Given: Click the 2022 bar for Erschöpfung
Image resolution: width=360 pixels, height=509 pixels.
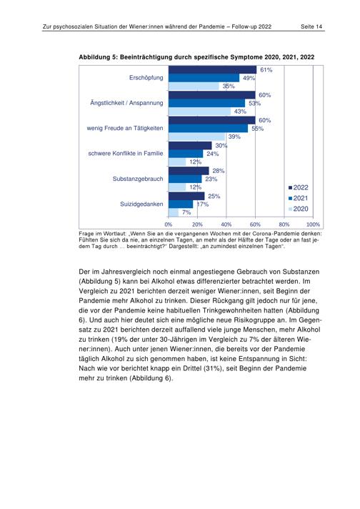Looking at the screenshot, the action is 212,70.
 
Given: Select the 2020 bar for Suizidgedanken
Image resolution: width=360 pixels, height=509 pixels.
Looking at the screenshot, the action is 174,212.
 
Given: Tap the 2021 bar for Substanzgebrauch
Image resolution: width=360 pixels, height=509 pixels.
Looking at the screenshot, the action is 185,179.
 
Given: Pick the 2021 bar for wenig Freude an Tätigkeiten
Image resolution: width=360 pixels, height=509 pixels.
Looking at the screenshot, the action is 209,129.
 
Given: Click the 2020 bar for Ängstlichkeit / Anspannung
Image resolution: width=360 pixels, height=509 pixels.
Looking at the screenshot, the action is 200,112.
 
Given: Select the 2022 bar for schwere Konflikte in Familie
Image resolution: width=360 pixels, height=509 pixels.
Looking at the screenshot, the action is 190,145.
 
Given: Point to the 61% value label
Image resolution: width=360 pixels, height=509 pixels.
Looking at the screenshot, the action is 266,70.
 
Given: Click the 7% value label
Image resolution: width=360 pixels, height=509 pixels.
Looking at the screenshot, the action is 186,212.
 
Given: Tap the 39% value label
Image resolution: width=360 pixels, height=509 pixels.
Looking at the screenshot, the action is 234,137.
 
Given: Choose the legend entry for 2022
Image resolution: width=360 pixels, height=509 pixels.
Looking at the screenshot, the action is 299,187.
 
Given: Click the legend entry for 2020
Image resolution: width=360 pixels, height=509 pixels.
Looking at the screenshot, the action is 299,209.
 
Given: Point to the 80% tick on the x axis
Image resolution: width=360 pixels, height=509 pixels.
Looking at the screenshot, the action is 284,224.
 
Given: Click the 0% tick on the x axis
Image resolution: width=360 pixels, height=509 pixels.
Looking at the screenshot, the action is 169,224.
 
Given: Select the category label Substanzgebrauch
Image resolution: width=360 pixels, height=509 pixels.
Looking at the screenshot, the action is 138,179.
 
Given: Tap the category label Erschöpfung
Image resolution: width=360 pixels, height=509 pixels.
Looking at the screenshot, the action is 146,78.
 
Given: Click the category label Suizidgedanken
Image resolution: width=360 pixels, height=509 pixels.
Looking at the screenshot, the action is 141,204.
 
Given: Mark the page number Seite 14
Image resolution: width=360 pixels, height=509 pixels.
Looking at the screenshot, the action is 311,26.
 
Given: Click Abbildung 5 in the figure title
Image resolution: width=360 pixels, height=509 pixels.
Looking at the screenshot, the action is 98,57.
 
